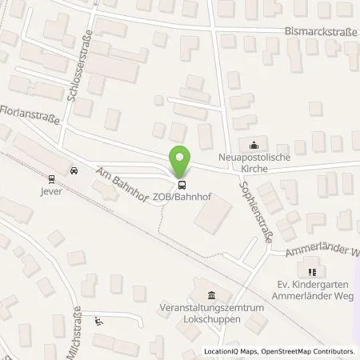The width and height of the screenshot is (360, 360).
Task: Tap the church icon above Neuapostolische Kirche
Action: click(254, 145)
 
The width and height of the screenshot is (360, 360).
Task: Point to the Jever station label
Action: click(53, 192)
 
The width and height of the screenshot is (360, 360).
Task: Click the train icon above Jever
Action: click(52, 179)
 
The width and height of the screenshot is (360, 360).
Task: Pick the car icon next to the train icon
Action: click(73, 170)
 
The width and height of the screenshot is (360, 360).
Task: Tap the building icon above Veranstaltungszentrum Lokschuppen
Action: click(210, 294)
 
